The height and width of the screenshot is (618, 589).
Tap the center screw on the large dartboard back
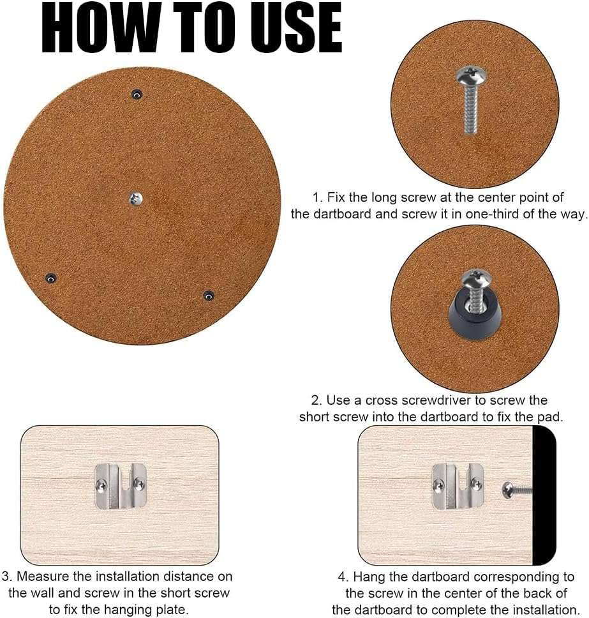click(x=135, y=199)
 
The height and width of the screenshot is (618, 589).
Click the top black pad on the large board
click(x=136, y=94)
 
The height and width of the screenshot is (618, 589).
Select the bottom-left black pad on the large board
click(x=50, y=278)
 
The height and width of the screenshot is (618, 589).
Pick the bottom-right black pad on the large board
click(x=208, y=296)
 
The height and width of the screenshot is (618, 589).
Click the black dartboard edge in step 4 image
click(x=544, y=495)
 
